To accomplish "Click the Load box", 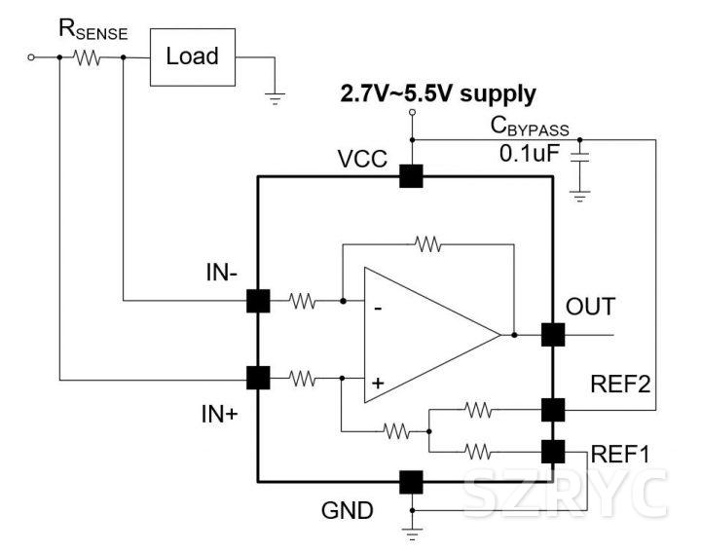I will pos(192,56).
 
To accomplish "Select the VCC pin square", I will pos(411,176).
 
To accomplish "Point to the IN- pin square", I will pos(258,301).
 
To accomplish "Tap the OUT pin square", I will pos(553,334).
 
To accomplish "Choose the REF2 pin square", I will pos(553,410).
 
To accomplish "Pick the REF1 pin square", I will pos(553,451).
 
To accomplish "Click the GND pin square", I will pos(411,481).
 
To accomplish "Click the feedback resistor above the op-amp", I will pos(427,243).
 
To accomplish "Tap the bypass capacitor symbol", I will pos(580,160).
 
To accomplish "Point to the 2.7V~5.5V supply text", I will pos(437,94).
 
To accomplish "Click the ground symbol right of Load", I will pos(276,96).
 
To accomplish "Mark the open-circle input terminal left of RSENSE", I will pos(32,57).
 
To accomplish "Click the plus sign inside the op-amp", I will pos(378,384).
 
